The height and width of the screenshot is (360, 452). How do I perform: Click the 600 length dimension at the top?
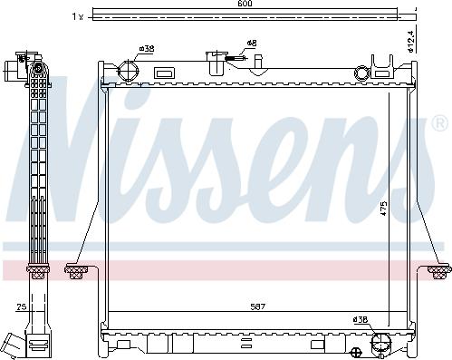click(245, 5)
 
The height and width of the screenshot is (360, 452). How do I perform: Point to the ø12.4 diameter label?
click(409, 41)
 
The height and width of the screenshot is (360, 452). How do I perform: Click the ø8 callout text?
click(251, 43)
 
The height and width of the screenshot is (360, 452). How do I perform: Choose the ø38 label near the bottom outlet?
click(361, 318)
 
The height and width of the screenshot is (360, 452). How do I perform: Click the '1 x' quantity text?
click(78, 16)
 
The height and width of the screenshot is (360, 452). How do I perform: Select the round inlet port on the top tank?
click(126, 72)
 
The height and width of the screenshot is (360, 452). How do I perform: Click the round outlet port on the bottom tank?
click(380, 341)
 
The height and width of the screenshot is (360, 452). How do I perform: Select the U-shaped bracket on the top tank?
click(384, 63)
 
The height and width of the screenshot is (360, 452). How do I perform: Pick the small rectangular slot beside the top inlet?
click(164, 72)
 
